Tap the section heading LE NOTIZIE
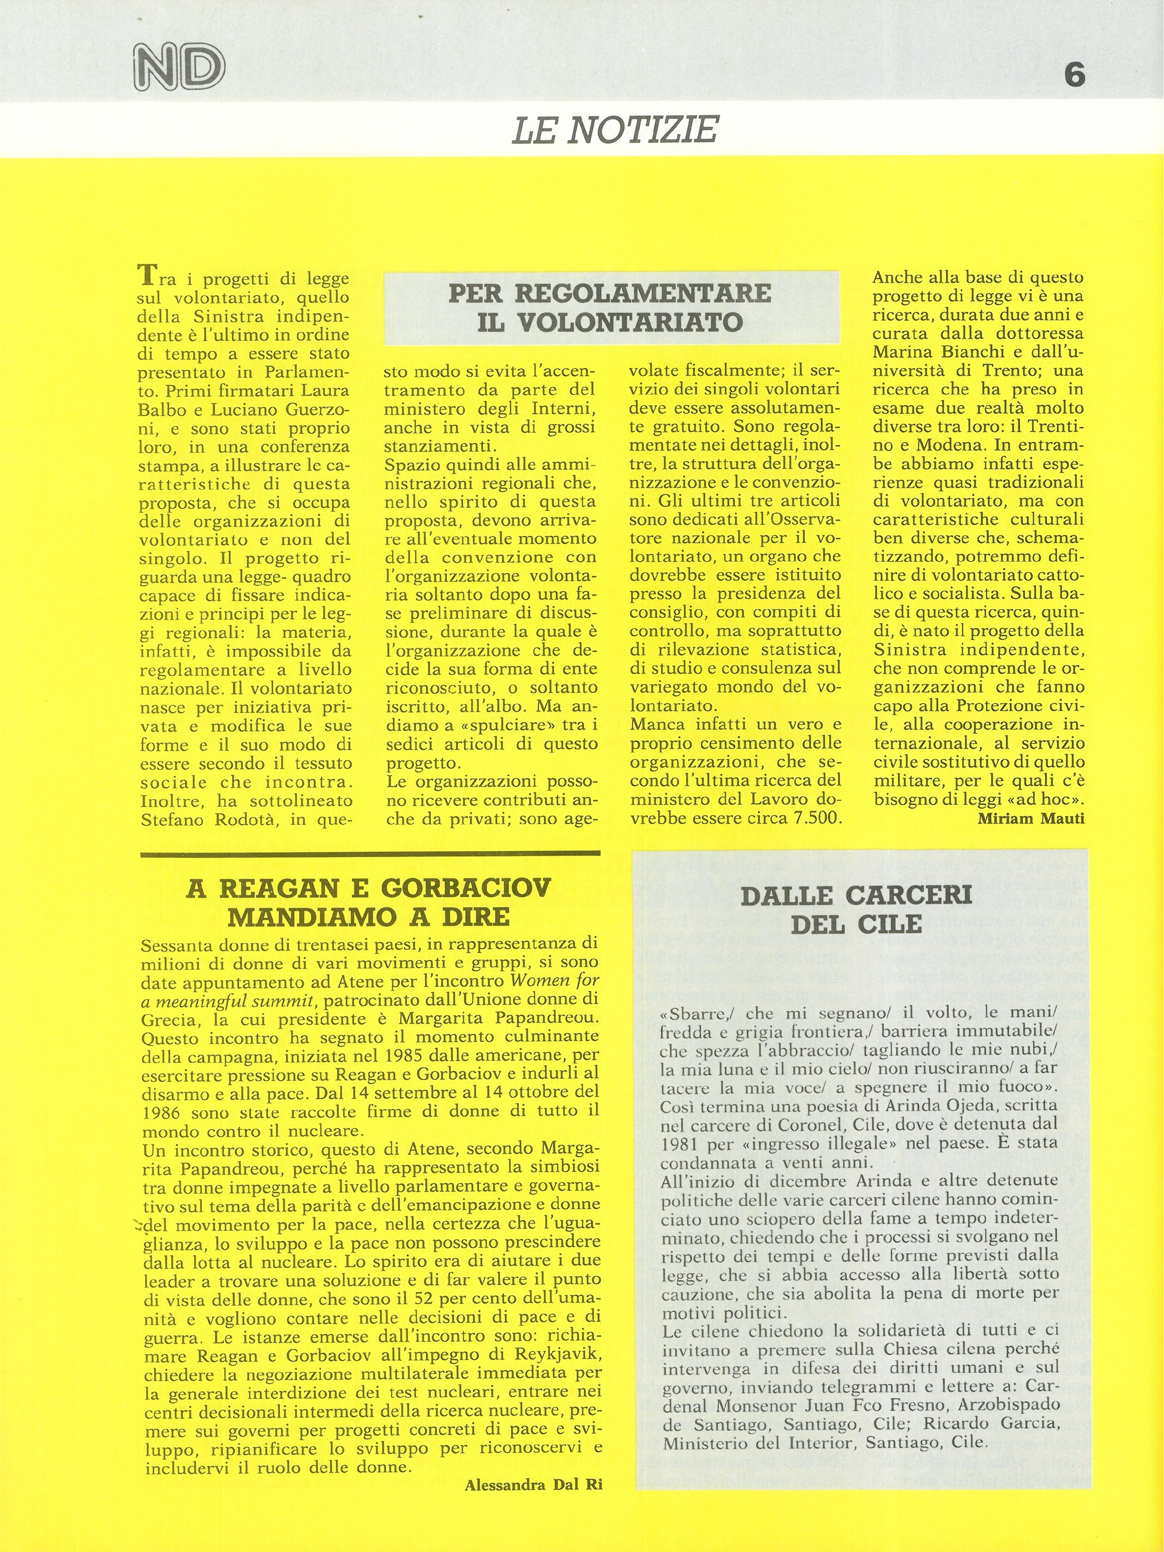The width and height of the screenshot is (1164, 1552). click(615, 130)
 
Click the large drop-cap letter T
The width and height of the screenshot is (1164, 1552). click(146, 274)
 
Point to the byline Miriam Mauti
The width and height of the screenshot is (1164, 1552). click(1031, 818)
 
